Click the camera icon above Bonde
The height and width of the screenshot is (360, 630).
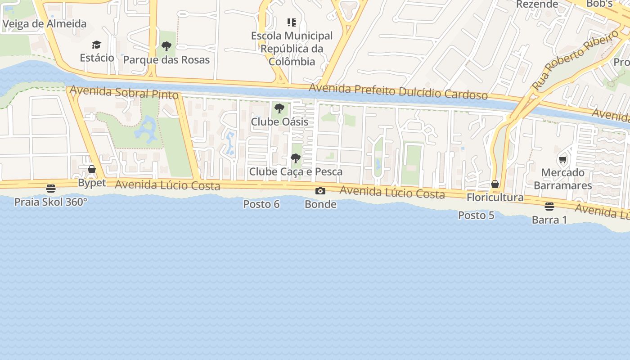[320, 191]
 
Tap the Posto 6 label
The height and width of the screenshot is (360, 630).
[261, 204]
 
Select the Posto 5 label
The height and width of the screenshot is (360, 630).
[476, 216]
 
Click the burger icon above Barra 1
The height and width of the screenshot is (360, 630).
[549, 207]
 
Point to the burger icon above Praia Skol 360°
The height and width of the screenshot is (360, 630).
[51, 188]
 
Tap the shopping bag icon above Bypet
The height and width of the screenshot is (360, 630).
[92, 169]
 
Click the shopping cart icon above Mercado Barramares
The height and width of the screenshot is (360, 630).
[562, 159]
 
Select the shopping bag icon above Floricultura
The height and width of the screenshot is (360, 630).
[495, 184]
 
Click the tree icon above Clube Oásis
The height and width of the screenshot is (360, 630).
[279, 108]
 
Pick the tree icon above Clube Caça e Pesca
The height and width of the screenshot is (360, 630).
[296, 158]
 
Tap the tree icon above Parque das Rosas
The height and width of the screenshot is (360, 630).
[166, 46]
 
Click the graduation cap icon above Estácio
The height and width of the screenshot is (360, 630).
[97, 45]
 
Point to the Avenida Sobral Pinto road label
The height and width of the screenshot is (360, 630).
[124, 92]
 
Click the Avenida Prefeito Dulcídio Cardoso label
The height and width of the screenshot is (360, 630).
[398, 91]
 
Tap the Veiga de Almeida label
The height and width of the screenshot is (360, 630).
[44, 24]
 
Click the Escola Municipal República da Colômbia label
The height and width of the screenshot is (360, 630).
[292, 49]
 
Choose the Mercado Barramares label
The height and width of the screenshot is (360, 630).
[562, 179]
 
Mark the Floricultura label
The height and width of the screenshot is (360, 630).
[495, 198]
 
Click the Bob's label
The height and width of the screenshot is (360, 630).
[599, 4]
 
